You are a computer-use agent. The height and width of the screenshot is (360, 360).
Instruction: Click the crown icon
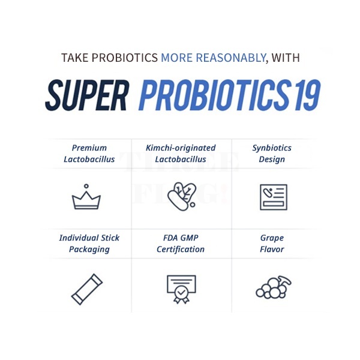[x=86, y=202]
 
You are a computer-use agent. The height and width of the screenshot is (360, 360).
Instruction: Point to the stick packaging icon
[x=87, y=289]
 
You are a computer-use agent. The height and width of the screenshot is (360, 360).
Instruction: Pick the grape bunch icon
[x=273, y=287]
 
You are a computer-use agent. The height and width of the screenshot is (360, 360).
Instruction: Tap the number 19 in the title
[x=307, y=95]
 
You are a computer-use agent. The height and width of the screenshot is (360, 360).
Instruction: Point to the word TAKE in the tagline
[x=75, y=58]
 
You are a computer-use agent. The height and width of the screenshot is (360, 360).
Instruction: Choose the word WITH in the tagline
[x=286, y=58]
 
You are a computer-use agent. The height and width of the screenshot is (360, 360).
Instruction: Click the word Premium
[x=89, y=148]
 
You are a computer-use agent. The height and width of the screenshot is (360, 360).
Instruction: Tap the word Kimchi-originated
[x=181, y=148]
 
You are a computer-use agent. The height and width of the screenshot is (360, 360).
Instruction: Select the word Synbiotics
[x=272, y=148]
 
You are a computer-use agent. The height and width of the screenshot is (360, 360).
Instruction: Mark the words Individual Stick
[x=89, y=238]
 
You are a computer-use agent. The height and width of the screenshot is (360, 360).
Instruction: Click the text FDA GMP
[x=181, y=238]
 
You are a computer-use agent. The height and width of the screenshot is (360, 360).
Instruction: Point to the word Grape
[x=272, y=238]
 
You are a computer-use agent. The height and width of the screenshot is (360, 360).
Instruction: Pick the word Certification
[x=181, y=250]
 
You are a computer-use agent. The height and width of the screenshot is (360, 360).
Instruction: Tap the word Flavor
[x=272, y=250]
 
